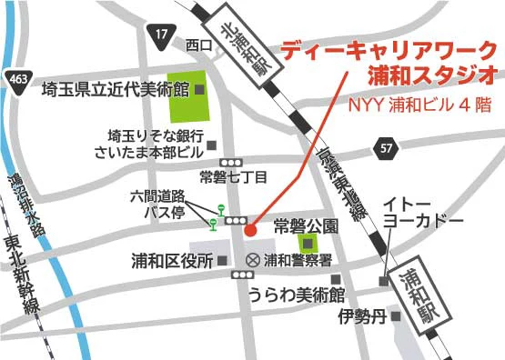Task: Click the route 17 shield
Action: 161,35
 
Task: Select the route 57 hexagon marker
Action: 387,146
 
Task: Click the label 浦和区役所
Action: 172,261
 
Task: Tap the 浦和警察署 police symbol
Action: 252,261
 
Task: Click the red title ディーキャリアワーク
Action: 389,51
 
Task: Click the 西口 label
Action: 197,45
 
